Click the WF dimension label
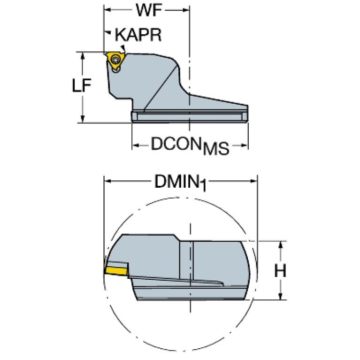point(149,10)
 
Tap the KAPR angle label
point(138,35)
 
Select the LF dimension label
point(82,85)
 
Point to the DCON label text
point(175,144)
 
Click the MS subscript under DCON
point(216,148)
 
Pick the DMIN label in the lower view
point(176,181)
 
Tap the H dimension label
point(280,270)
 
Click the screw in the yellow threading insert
point(115,60)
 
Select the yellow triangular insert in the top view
point(115,60)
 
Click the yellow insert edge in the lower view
point(116,270)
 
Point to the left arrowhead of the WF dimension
point(108,10)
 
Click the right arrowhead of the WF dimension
point(186,10)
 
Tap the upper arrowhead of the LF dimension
point(83,56)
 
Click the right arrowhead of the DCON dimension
point(244,146)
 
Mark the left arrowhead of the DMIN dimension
point(108,181)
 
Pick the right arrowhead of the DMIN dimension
point(253,181)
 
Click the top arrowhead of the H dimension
point(280,245)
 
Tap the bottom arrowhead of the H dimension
point(280,296)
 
